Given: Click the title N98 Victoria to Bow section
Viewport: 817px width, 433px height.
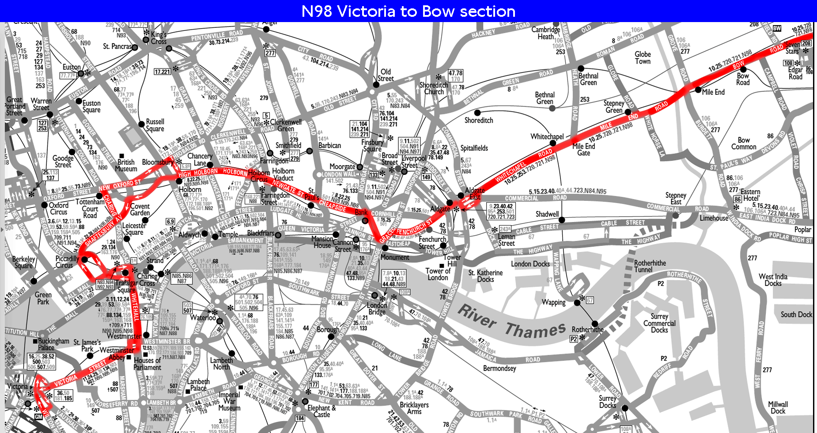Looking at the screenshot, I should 408,11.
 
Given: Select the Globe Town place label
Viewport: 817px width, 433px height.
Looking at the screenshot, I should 643,58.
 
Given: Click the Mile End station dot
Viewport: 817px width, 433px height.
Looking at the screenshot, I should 698,90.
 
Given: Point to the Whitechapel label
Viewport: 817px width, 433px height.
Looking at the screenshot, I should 547,137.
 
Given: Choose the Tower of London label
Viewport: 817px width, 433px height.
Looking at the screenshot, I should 437,274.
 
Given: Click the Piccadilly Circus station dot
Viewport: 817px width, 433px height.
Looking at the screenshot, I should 85,260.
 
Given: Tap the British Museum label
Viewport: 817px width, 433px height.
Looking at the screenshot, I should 126,165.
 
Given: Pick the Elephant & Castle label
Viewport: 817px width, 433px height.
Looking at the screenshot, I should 322,411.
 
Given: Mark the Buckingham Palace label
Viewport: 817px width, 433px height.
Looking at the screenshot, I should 53,344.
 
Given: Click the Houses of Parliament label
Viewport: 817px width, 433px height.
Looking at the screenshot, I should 147,364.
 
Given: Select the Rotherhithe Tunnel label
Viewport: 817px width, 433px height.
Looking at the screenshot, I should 650,266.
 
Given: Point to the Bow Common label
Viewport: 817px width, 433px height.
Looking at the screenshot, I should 744,143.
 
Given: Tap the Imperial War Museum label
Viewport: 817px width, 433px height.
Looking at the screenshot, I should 229,401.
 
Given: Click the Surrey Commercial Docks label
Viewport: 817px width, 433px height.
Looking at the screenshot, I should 659,323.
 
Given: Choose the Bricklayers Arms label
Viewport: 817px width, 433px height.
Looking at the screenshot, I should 414,408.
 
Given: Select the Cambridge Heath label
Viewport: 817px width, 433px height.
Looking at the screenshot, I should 545,33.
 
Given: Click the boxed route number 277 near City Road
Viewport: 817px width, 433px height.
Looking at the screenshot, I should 270,53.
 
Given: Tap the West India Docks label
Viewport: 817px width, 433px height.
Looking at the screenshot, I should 773,280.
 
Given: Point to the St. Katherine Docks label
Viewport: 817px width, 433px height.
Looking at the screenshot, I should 485,276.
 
